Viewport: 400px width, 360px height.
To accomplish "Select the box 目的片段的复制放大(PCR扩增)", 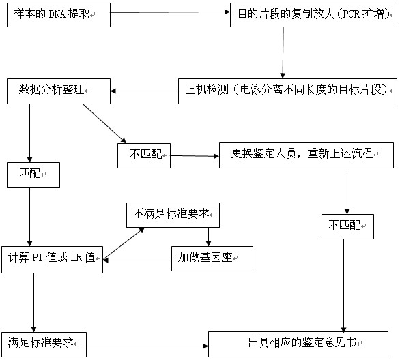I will click(x=313, y=14).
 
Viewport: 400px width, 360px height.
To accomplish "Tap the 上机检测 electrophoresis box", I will click(x=287, y=90).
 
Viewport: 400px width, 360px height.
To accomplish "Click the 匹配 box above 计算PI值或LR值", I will click(x=31, y=175).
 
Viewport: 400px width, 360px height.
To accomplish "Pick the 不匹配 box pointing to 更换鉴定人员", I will click(x=144, y=155).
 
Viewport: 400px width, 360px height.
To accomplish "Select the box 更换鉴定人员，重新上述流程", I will click(x=306, y=154).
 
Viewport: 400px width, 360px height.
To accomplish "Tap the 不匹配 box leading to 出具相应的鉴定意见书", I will click(x=347, y=226).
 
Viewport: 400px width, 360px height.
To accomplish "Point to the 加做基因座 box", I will click(x=212, y=258).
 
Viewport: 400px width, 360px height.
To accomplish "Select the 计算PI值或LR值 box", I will click(x=52, y=258).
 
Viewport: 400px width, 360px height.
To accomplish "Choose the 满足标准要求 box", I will click(x=44, y=342).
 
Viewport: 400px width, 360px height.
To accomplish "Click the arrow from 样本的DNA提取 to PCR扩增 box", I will click(x=170, y=12).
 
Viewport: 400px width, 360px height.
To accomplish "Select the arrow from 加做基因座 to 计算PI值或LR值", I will click(x=137, y=258).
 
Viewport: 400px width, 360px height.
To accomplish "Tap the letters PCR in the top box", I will click(x=342, y=14).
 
